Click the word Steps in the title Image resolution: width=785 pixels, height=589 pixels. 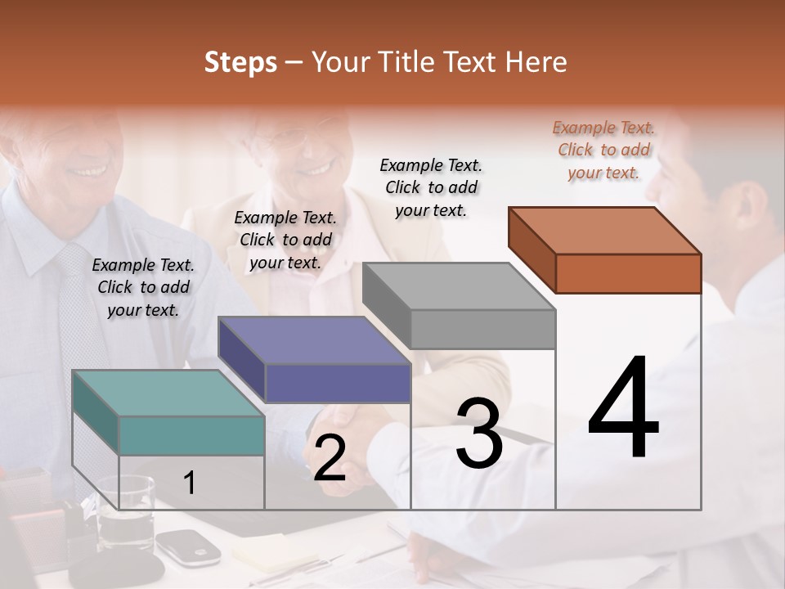240,62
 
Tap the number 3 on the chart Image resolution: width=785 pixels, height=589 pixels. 479,434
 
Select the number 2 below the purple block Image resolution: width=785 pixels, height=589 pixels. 330,458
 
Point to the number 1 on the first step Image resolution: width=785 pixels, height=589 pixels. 190,483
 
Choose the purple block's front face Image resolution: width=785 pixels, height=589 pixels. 337,383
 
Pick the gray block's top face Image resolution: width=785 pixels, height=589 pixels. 458,286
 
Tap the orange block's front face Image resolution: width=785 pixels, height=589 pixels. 628,272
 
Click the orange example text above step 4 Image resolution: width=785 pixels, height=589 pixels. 603,150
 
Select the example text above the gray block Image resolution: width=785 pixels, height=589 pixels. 431,187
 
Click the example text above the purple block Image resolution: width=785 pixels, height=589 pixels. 285,240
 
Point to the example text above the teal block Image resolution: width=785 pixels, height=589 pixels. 143,287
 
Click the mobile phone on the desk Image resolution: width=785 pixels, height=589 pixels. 187,546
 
